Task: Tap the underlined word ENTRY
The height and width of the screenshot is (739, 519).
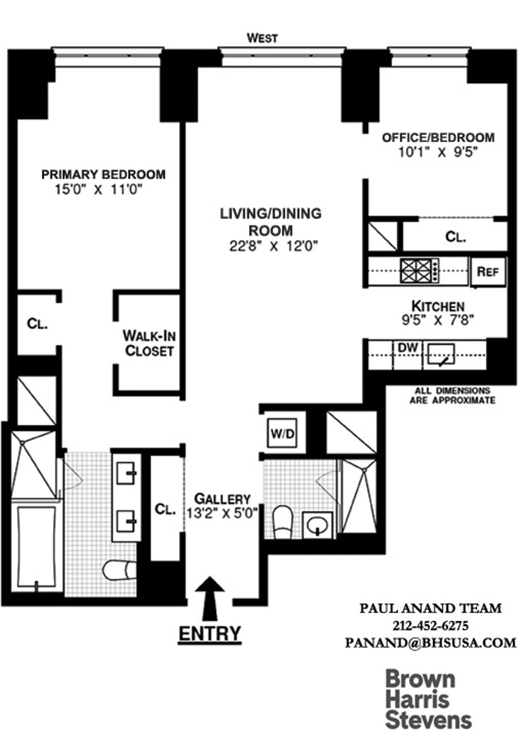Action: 210,634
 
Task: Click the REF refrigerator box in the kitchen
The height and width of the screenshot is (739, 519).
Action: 488,272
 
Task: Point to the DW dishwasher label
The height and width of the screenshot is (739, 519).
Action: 407,347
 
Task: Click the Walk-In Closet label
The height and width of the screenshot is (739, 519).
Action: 149,343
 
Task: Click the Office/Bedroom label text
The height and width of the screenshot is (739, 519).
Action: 438,138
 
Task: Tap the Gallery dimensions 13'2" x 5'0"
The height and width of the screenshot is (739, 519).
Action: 222,513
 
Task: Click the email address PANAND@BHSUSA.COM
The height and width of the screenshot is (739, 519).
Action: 430,642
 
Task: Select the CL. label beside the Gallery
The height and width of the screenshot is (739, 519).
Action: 165,508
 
